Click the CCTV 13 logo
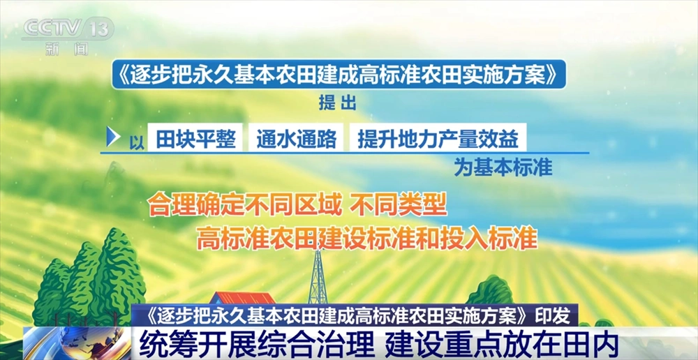67,29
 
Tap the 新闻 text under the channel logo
67,49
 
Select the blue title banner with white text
339,75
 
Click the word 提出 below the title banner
338,103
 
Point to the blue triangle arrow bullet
113,137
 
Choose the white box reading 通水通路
296,138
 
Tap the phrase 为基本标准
503,167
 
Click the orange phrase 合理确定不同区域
245,206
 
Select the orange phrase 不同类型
398,206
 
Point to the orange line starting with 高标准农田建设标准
367,239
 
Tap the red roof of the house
243,298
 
